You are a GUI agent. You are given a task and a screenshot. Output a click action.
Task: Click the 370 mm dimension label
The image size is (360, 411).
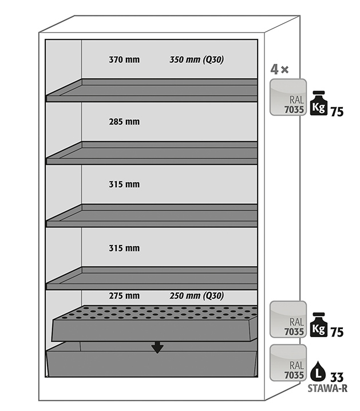[x=124, y=60]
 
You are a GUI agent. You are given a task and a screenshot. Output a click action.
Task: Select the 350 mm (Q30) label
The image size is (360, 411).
[x=196, y=60]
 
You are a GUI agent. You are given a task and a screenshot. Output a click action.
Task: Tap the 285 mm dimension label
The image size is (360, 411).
[x=124, y=122]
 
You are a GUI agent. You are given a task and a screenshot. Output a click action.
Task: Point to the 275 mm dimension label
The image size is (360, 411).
[x=124, y=296]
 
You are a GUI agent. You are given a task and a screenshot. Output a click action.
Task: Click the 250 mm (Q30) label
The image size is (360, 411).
[x=196, y=296]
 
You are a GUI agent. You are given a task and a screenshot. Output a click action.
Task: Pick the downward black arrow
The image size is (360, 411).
[x=157, y=347]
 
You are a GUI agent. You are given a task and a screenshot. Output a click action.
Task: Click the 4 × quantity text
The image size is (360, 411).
[x=279, y=70]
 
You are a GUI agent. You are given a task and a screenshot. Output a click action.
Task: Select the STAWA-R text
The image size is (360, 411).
[x=327, y=388]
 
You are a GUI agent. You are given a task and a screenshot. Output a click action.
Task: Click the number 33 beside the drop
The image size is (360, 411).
[x=337, y=377]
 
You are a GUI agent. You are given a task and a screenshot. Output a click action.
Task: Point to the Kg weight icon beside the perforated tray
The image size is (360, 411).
[x=319, y=325]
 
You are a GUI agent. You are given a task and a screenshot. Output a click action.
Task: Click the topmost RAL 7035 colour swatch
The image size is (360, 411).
[x=288, y=97]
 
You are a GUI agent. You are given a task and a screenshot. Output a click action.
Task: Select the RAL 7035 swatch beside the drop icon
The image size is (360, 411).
[x=288, y=363]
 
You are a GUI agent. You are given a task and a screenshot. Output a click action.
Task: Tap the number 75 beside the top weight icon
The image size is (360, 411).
[x=337, y=112]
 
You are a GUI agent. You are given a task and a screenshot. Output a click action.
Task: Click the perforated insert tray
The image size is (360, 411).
[x=155, y=323]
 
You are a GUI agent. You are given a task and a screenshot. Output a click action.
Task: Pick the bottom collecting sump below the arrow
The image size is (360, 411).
[x=152, y=362]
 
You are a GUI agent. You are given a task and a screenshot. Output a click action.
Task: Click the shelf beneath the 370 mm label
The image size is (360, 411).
[x=152, y=90]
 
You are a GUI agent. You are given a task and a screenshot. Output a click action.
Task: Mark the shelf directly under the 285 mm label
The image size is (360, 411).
[x=152, y=153]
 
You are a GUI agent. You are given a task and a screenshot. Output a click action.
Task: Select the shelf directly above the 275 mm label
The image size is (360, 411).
[x=152, y=278]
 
